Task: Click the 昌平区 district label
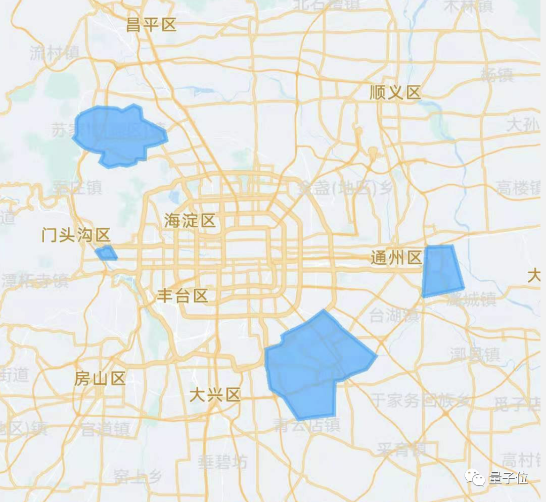click(x=151, y=25)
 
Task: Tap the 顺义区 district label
click(x=395, y=92)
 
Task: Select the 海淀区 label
click(x=190, y=221)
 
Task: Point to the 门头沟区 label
click(x=76, y=235)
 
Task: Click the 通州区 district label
click(x=396, y=258)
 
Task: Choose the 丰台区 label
click(x=183, y=295)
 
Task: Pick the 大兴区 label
click(x=215, y=394)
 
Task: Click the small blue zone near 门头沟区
click(x=106, y=253)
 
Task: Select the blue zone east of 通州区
click(x=441, y=270)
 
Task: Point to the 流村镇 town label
click(x=55, y=52)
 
